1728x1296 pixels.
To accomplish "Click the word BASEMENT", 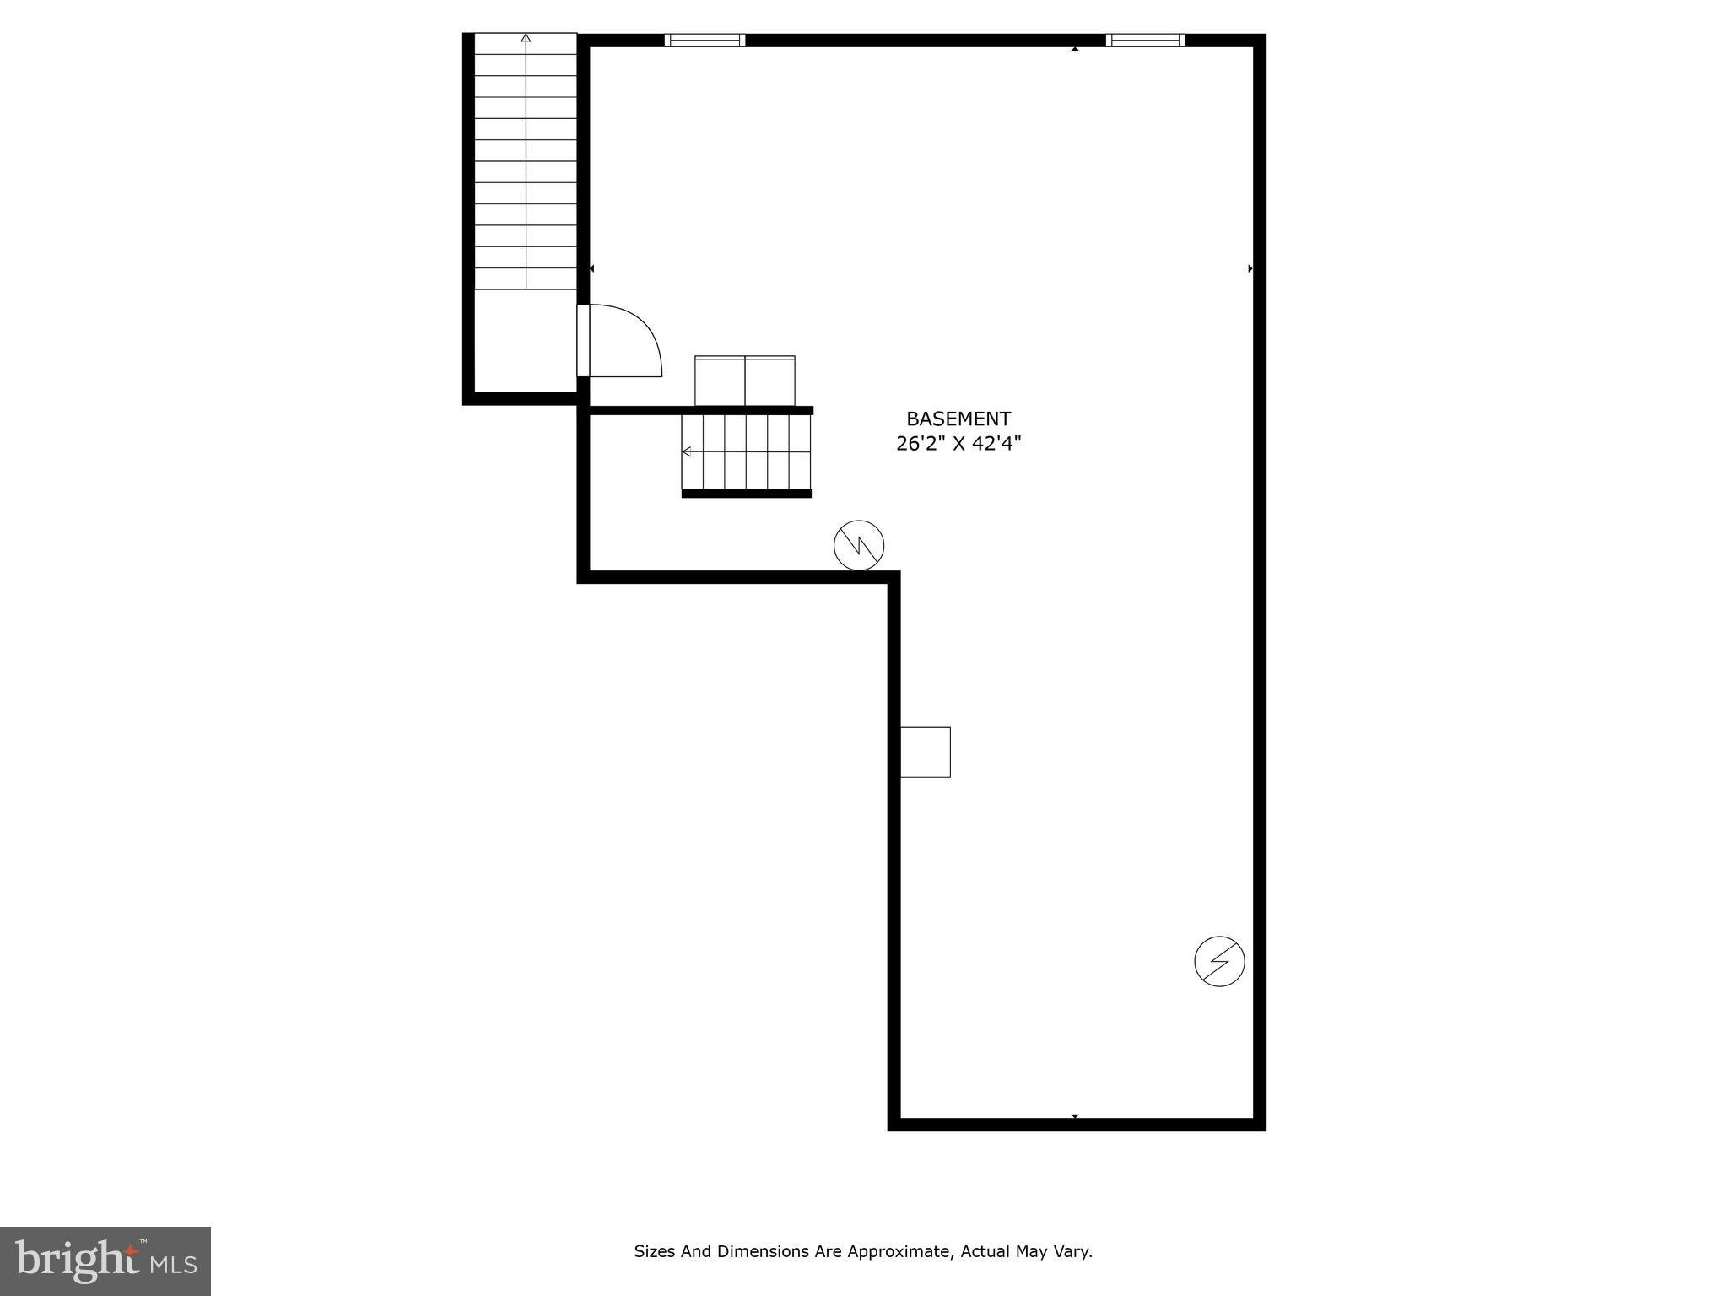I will click(958, 418).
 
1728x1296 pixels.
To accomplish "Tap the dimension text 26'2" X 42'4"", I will click(958, 444).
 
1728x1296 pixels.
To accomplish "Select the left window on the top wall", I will click(705, 40).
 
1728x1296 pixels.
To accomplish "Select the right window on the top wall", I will click(1145, 40).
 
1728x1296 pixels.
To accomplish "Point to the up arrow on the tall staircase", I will click(526, 38).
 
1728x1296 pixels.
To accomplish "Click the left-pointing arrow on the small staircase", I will click(687, 451).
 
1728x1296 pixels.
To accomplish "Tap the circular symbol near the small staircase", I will click(859, 545).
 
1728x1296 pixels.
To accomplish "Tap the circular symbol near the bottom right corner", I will click(1219, 961).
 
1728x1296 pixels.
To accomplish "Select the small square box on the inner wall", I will click(926, 752).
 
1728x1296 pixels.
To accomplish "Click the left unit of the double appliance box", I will click(720, 381).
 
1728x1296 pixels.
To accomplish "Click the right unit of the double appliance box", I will click(769, 381).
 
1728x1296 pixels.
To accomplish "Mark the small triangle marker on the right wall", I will click(1250, 268).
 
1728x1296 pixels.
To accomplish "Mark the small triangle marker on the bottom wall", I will click(1075, 1116).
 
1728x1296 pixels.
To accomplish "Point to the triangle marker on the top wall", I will click(1075, 49).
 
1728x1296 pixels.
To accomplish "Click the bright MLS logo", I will click(105, 1261).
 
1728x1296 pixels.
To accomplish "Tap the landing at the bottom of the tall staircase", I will click(526, 341).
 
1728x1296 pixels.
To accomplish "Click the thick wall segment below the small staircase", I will click(746, 494).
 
